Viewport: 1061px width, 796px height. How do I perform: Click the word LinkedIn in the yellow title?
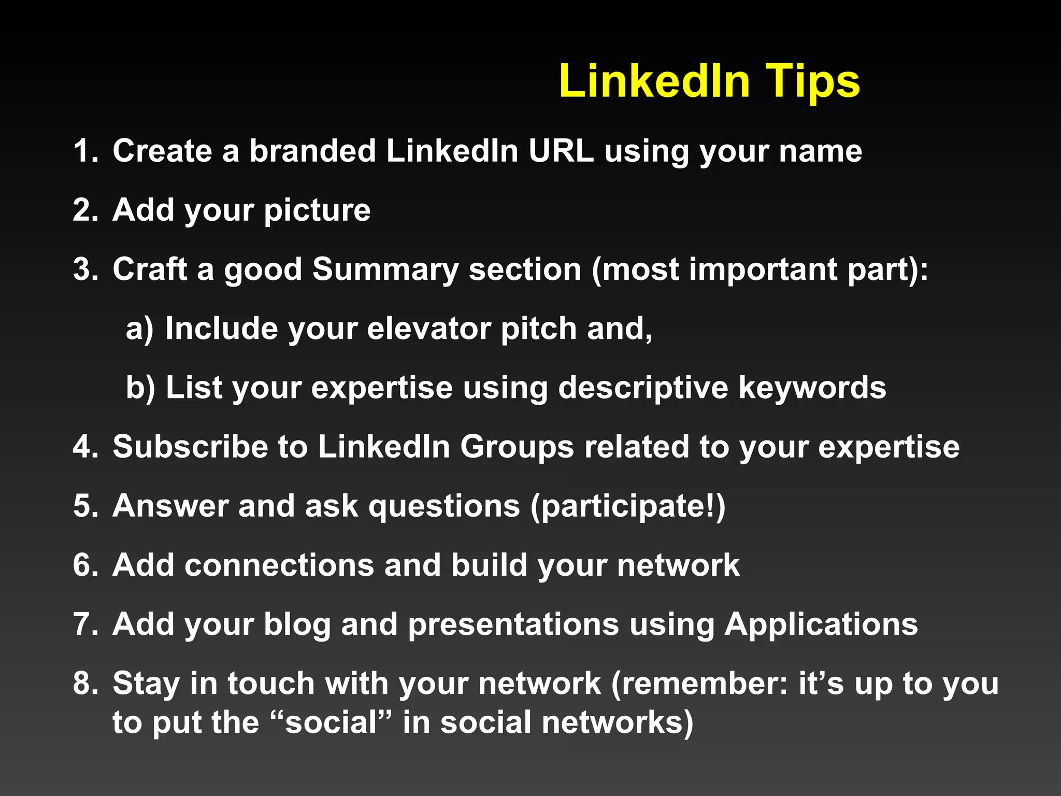[654, 81]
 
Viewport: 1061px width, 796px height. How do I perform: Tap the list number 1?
[84, 151]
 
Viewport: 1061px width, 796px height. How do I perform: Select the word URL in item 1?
[561, 151]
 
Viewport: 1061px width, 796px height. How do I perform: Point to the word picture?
[317, 211]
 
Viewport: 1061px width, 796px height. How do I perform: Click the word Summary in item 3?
[385, 270]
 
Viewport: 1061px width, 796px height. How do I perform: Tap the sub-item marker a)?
[139, 329]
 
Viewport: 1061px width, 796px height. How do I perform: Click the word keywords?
[812, 388]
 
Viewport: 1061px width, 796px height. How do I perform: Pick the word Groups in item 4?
[517, 447]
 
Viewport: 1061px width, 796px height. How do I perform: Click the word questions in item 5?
[444, 506]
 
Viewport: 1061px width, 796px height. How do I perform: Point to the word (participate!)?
[627, 506]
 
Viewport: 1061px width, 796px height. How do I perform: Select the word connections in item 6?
[279, 565]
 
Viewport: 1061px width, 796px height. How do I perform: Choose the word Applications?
[821, 624]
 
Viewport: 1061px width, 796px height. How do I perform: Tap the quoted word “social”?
[331, 723]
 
